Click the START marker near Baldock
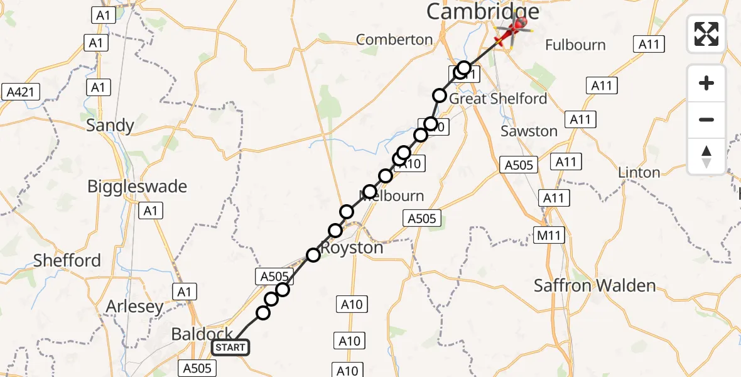[230, 347]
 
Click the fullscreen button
[706, 33]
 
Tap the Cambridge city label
[482, 11]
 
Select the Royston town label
[352, 248]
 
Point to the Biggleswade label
[137, 187]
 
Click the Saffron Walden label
[595, 286]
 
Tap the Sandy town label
[110, 125]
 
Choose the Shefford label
[67, 261]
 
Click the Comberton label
[394, 40]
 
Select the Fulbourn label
[575, 45]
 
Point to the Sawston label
[529, 131]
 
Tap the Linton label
[639, 172]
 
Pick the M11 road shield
[550, 235]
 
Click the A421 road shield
[20, 92]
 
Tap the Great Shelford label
[498, 99]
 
